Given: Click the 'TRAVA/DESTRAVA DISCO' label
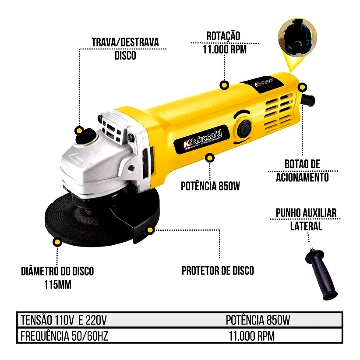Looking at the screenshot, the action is click(x=125, y=49).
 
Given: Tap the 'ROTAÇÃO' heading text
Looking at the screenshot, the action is click(x=223, y=36).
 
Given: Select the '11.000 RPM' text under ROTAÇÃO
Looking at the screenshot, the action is click(x=225, y=49).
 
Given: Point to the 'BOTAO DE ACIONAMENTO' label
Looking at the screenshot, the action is click(x=302, y=171).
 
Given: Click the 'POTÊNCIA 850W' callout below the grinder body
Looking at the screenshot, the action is click(x=210, y=186).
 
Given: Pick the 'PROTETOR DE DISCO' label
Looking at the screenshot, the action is click(x=218, y=271).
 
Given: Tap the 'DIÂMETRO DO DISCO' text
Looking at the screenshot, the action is click(x=57, y=271).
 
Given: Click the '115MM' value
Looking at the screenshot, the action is click(x=58, y=285).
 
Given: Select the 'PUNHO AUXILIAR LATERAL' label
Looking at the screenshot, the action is click(x=306, y=219).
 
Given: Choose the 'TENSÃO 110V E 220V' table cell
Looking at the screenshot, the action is click(x=64, y=320).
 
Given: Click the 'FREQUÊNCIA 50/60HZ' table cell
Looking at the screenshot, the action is click(x=64, y=336).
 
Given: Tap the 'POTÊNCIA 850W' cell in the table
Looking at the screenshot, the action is click(x=258, y=320).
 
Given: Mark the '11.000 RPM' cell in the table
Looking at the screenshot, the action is click(x=252, y=336).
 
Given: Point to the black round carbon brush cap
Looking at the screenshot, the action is click(x=244, y=128).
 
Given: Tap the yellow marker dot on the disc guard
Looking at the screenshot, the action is click(x=150, y=230).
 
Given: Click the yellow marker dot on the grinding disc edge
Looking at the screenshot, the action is click(x=57, y=242).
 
